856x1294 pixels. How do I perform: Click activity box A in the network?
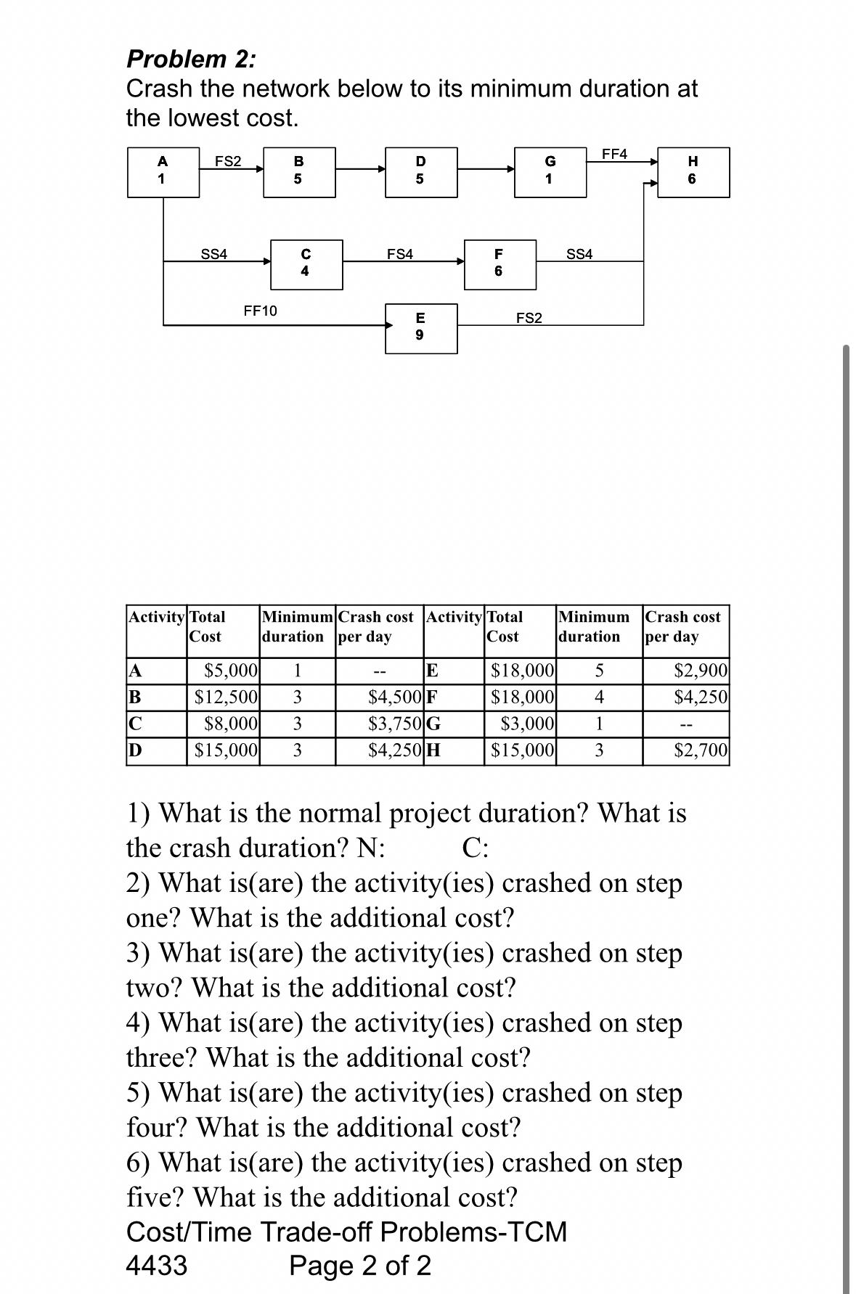point(163,172)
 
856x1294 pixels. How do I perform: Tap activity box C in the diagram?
point(306,264)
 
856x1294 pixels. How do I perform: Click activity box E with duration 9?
point(421,328)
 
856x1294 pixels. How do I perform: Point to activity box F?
point(499,264)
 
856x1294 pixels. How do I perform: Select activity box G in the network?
point(550,172)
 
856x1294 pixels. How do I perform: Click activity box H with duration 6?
point(693,172)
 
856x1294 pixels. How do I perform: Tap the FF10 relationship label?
point(260,311)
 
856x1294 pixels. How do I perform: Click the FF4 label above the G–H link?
point(614,154)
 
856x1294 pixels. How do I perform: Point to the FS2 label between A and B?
point(228,161)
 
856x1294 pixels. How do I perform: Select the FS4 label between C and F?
point(400,254)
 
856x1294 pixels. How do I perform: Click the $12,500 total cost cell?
point(227,697)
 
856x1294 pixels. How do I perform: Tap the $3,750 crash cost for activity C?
point(396,724)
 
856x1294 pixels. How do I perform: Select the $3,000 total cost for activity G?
point(529,724)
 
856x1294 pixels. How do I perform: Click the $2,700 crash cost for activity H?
point(701,750)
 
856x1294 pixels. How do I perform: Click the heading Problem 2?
point(191,58)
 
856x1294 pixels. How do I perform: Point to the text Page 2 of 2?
point(360,1266)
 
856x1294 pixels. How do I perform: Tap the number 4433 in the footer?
point(157,1266)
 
